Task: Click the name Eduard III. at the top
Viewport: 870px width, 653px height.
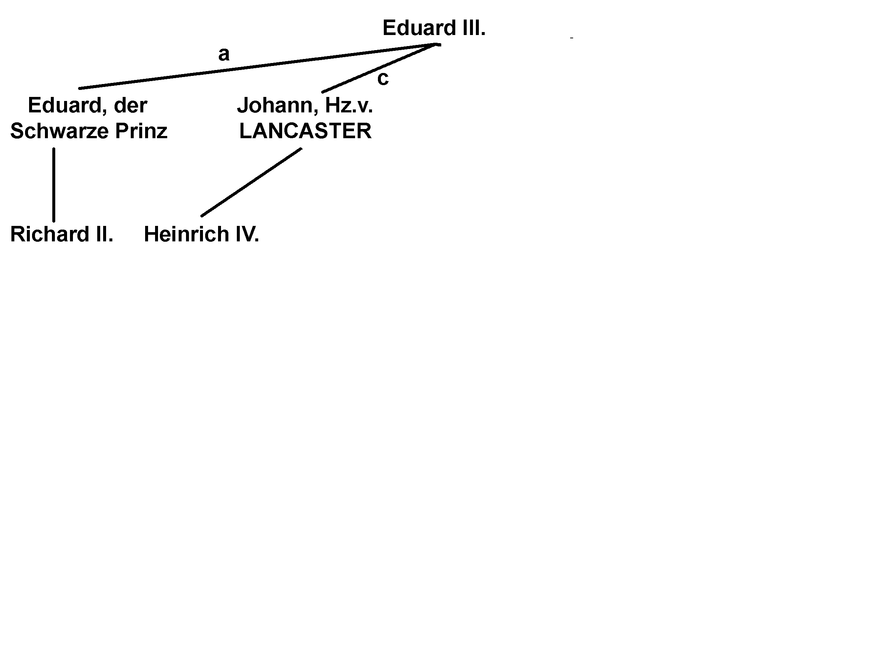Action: coord(434,28)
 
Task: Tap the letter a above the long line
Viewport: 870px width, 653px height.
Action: coord(224,54)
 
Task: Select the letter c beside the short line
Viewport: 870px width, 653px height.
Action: coord(383,78)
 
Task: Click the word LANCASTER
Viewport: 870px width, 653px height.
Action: coord(305,131)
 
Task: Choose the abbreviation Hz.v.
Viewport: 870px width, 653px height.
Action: coord(349,105)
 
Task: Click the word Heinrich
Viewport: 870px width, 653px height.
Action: coord(186,234)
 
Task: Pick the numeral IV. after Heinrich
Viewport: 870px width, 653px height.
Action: coord(248,234)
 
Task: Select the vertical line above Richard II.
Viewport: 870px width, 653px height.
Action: coord(54,185)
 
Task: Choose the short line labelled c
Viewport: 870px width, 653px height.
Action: coord(378,69)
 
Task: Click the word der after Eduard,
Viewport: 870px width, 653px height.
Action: coord(131,105)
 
